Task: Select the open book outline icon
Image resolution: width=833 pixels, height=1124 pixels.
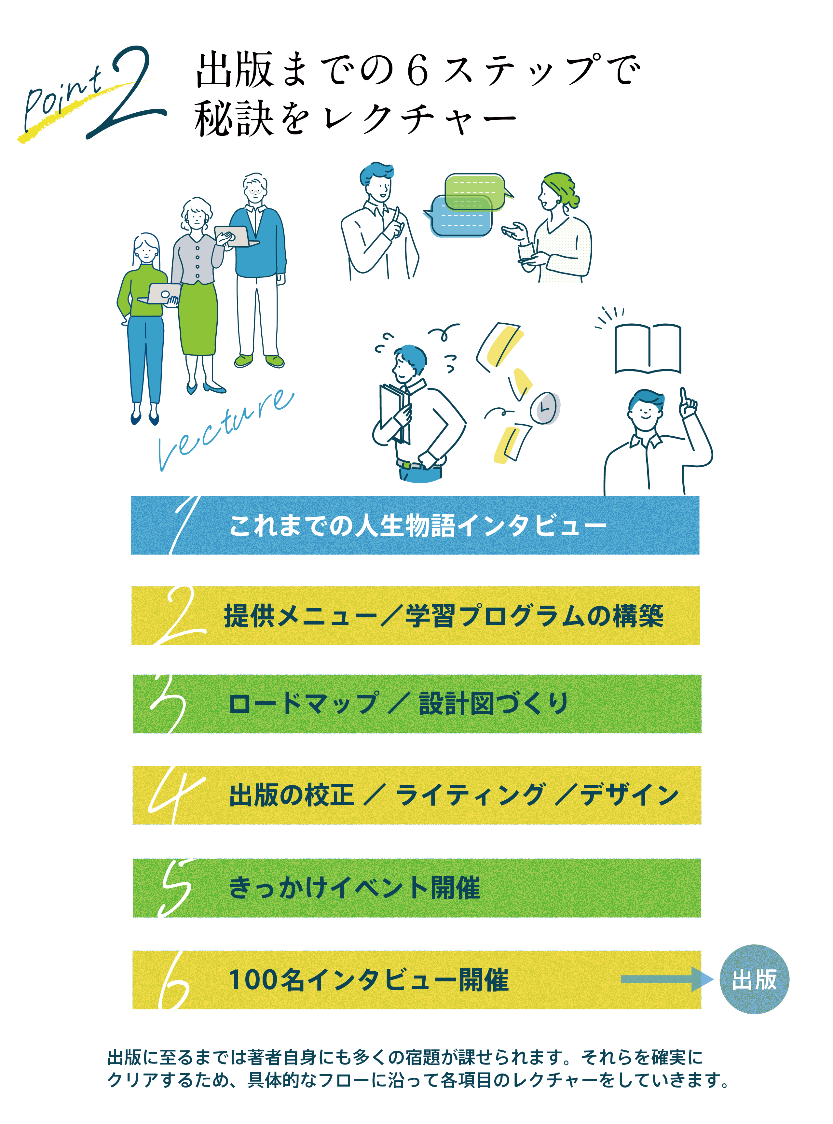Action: (648, 349)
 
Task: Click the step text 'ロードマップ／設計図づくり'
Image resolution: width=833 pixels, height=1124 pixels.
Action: (398, 704)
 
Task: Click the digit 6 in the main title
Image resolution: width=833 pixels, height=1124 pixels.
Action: (417, 71)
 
